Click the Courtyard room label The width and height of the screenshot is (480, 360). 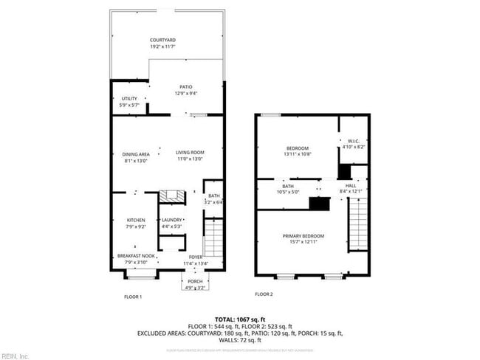[162, 40]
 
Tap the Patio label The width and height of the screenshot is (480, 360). [185, 86]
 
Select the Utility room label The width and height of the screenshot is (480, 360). [128, 99]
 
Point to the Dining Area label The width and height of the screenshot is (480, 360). [136, 153]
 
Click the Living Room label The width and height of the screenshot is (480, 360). [189, 153]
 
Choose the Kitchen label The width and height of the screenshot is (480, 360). [135, 220]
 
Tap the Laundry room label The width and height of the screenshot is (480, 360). [171, 220]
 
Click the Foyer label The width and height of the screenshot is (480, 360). [195, 257]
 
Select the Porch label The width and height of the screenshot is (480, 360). [195, 281]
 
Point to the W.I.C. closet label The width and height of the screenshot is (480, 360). [353, 141]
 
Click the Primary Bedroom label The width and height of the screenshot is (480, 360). [304, 236]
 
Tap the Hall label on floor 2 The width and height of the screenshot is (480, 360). [351, 185]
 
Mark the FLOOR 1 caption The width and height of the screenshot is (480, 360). [132, 296]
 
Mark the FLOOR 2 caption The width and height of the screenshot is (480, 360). [264, 294]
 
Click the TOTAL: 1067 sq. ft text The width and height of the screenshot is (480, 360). [240, 318]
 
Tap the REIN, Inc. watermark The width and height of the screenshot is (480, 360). [15, 356]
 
